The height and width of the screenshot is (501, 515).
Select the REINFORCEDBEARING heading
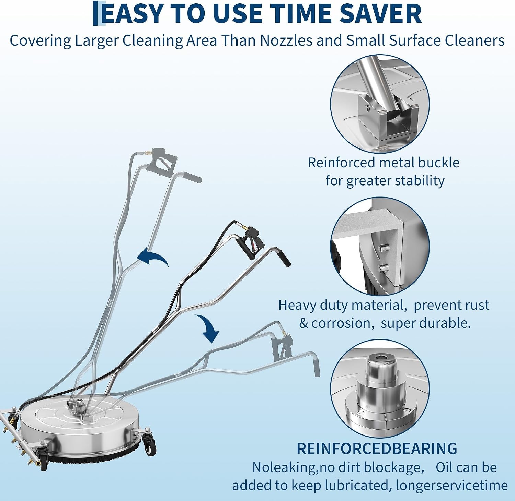click(x=377, y=449)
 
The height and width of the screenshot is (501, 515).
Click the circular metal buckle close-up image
click(x=380, y=104)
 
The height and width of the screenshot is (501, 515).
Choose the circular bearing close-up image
click(x=380, y=389)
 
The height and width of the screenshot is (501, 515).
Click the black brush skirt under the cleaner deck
click(x=93, y=456)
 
